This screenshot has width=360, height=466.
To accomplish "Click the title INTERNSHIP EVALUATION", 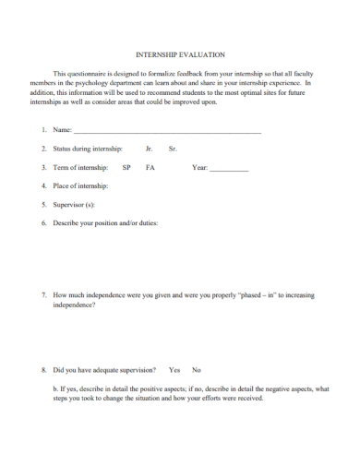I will tap(180, 55).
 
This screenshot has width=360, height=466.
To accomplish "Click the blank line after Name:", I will tap(167, 134).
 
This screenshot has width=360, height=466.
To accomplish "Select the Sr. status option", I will tap(173, 149).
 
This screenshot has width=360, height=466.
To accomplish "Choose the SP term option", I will tap(126, 168).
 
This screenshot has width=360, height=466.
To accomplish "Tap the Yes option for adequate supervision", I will tap(174, 370).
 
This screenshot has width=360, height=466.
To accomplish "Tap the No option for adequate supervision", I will tap(196, 370).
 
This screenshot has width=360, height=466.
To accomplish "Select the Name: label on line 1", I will tap(63, 131).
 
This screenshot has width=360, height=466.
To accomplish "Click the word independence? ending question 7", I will tap(75, 305).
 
